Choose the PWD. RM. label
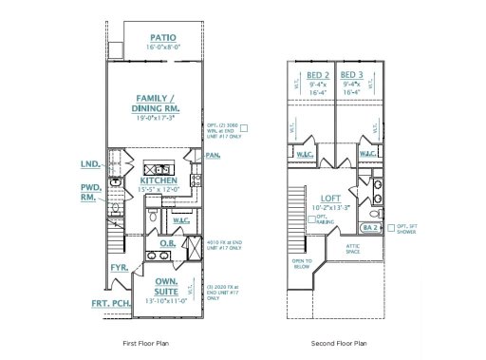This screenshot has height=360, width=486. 90,194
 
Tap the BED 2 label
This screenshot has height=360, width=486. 318,75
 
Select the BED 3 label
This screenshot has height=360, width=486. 351,75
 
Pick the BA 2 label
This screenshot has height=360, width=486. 371,229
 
